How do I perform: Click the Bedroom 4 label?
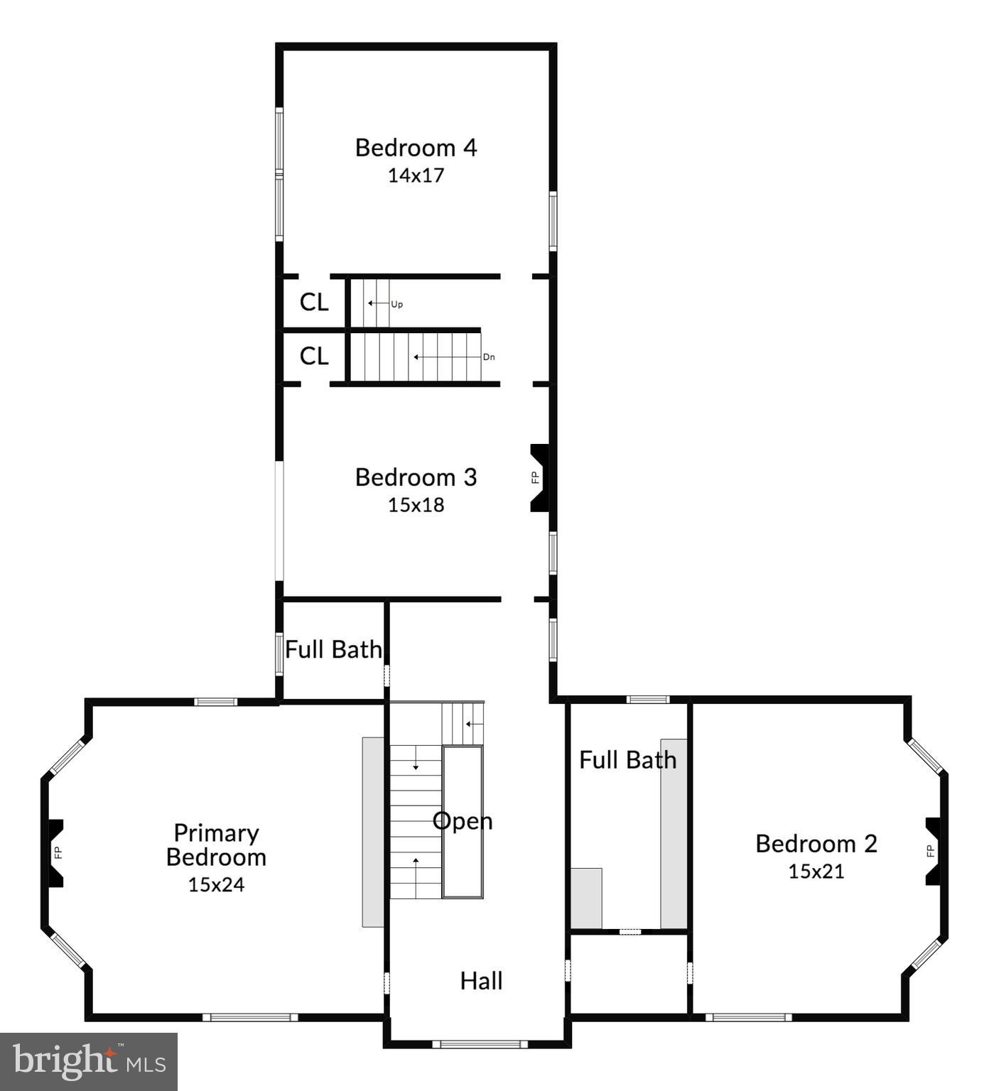pyautogui.click(x=416, y=148)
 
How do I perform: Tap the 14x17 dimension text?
pyautogui.click(x=416, y=175)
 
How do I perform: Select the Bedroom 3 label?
pyautogui.click(x=416, y=477)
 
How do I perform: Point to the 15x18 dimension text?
pyautogui.click(x=416, y=505)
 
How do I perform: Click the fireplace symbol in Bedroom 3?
pyautogui.click(x=539, y=477)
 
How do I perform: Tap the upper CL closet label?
pyautogui.click(x=314, y=303)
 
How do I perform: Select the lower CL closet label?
pyautogui.click(x=314, y=356)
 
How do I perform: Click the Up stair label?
pyautogui.click(x=396, y=304)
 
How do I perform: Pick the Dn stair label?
pyautogui.click(x=489, y=357)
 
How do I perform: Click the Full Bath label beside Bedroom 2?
pyautogui.click(x=627, y=760)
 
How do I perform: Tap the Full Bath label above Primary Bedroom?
pyautogui.click(x=333, y=649)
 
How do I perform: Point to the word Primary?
pyautogui.click(x=216, y=832)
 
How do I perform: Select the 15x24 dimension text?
pyautogui.click(x=216, y=884)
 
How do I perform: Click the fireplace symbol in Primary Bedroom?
pyautogui.click(x=55, y=853)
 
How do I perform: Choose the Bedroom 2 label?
pyautogui.click(x=816, y=844)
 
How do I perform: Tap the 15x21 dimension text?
pyautogui.click(x=816, y=872)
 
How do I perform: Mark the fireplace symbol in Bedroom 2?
pyautogui.click(x=934, y=851)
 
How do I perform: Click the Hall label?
pyautogui.click(x=481, y=981)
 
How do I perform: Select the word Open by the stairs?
pyautogui.click(x=463, y=821)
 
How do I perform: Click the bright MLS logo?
pyautogui.click(x=89, y=1061)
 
